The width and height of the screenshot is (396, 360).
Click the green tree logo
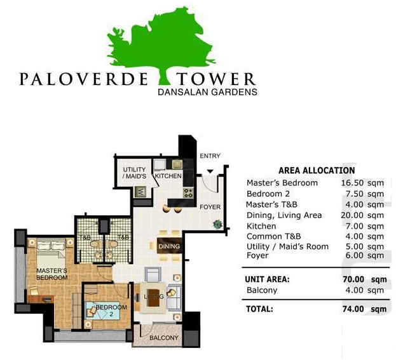[161, 46]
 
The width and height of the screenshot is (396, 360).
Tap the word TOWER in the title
[215, 79]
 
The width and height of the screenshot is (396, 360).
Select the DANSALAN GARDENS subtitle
[207, 92]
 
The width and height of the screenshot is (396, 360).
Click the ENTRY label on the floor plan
[210, 156]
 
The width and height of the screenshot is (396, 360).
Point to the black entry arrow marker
[210, 171]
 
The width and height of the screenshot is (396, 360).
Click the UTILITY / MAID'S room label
[134, 173]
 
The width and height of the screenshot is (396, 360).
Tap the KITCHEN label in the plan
[168, 176]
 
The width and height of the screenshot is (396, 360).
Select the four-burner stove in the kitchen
[188, 193]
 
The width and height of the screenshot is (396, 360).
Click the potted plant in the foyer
[217, 224]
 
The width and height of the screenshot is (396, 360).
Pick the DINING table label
[169, 246]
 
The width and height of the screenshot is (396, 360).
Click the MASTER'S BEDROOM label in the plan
[52, 274]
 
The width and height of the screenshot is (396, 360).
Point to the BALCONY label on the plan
[163, 338]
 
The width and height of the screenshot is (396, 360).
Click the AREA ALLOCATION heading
[317, 171]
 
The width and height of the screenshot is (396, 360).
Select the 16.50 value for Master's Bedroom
[352, 183]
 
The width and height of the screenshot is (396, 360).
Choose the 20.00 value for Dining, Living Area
[352, 215]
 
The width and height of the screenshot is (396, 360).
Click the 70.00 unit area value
[353, 279]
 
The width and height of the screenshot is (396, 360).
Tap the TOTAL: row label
[259, 309]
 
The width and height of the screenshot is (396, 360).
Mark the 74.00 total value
[353, 309]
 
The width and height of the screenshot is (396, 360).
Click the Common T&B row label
[274, 236]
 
